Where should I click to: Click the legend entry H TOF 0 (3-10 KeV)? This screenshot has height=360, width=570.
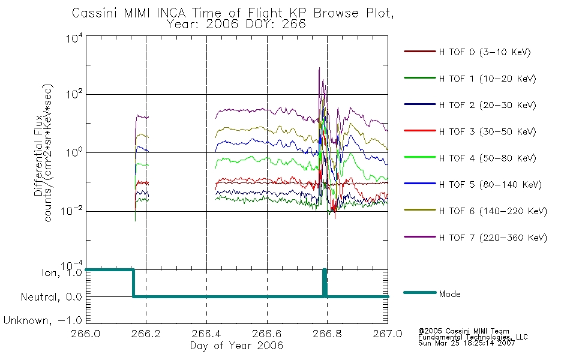pyautogui.click(x=485, y=52)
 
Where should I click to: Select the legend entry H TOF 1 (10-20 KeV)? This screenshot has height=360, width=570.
pyautogui.click(x=487, y=79)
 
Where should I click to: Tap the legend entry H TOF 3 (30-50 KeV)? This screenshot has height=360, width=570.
pyautogui.click(x=487, y=131)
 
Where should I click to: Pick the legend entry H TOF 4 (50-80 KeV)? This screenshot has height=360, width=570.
pyautogui.click(x=487, y=158)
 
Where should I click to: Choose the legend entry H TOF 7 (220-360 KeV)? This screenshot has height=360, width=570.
pyautogui.click(x=493, y=238)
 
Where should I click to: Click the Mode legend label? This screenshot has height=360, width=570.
pyautogui.click(x=449, y=294)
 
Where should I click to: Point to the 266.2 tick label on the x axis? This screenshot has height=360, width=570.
pyautogui.click(x=146, y=334)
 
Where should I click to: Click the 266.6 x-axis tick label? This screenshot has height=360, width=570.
pyautogui.click(x=267, y=334)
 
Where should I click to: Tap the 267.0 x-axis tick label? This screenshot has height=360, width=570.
pyautogui.click(x=388, y=334)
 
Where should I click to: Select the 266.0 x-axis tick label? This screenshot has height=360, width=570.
pyautogui.click(x=86, y=334)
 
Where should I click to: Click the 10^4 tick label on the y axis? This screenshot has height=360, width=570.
pyautogui.click(x=74, y=38)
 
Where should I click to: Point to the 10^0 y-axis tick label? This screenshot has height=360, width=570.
pyautogui.click(x=74, y=152)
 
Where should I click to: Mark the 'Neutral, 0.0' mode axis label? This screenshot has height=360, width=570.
pyautogui.click(x=51, y=297)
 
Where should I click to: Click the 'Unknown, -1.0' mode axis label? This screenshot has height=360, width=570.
pyautogui.click(x=43, y=320)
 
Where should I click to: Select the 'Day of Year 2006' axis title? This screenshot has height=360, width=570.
pyautogui.click(x=236, y=346)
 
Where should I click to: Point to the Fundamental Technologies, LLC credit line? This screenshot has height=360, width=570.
pyautogui.click(x=473, y=337)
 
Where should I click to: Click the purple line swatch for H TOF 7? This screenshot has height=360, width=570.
pyautogui.click(x=420, y=237)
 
